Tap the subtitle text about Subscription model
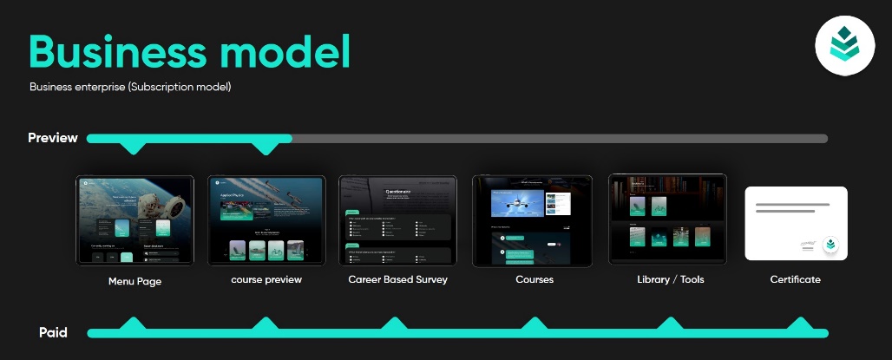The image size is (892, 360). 130,88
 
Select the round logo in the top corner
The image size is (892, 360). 844,45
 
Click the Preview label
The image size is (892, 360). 53,138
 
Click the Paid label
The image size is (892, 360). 53,333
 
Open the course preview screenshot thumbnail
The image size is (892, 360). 266,219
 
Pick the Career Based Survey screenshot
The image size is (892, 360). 397,220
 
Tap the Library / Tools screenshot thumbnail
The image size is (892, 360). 667,218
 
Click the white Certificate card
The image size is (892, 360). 796,223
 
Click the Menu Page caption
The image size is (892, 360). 134,281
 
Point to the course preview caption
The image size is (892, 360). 266,280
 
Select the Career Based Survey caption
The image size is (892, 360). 397,280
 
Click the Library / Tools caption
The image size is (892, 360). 668,279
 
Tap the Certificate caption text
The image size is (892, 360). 795,279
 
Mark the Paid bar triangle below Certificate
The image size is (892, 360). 799,324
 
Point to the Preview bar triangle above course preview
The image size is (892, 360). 266,148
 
